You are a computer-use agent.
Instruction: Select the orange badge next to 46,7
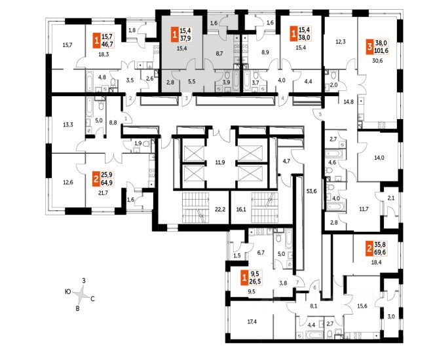tap(97, 39)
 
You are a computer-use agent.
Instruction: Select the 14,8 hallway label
tap(349, 102)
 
